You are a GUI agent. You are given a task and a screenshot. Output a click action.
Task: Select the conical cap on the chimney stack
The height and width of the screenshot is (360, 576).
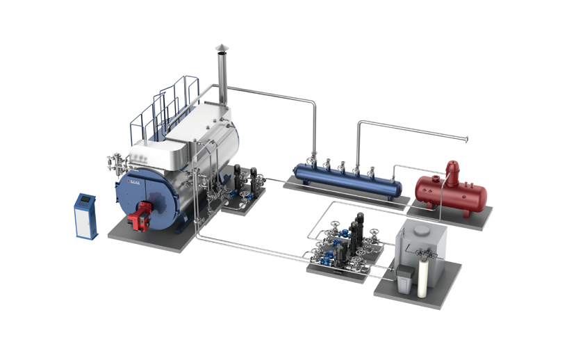point(221,47)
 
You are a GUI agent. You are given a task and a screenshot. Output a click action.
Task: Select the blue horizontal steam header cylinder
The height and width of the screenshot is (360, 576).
point(347,179)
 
